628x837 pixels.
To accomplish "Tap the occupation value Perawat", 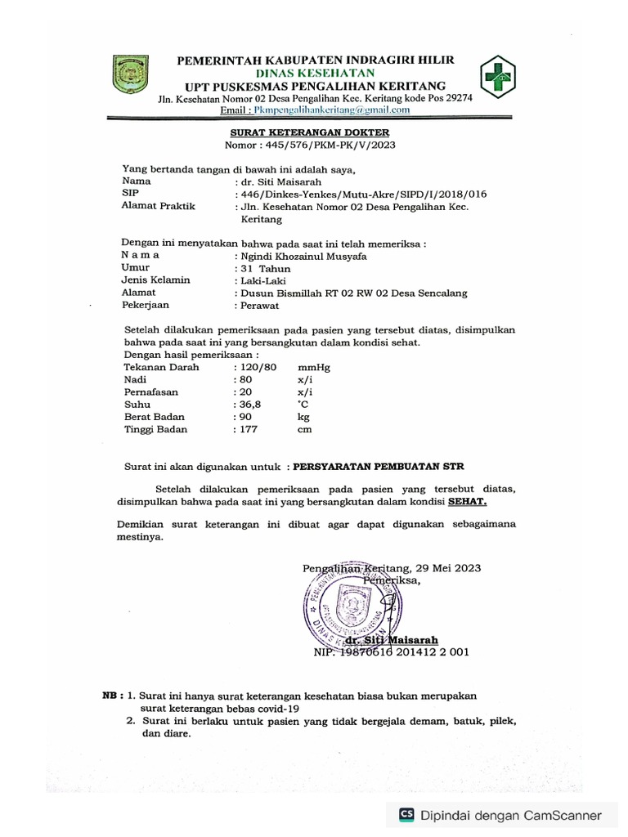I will (260, 305).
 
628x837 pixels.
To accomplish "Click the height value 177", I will (249, 429).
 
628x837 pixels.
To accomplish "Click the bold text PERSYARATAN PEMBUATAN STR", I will (378, 468).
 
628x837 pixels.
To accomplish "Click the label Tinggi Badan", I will (155, 429).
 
